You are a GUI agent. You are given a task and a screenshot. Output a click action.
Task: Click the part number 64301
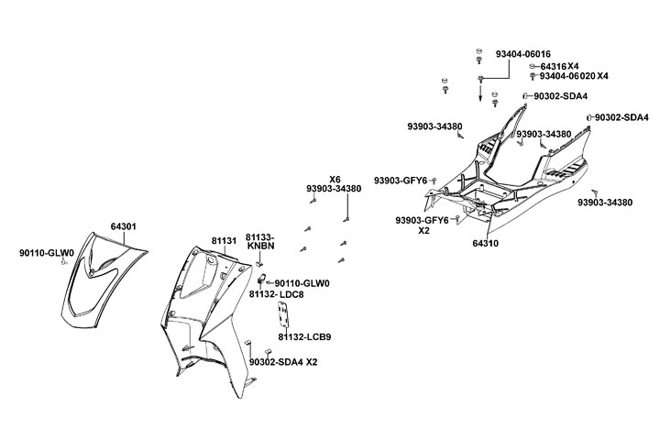(124, 225)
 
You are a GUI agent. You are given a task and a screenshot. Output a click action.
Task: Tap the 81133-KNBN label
(260, 242)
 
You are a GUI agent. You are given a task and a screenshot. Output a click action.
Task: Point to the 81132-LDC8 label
(277, 294)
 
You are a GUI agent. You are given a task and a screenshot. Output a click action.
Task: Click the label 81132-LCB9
(305, 337)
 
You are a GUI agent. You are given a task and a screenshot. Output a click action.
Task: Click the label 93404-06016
(523, 54)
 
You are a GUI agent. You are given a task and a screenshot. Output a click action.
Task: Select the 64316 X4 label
(559, 66)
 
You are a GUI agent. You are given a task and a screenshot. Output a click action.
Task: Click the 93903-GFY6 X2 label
(423, 225)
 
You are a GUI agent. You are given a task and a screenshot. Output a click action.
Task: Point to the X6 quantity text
(335, 179)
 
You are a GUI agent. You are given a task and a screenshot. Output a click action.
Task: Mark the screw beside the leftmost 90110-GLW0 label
(63, 261)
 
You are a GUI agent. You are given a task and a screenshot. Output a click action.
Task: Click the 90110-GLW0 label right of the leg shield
(302, 283)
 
